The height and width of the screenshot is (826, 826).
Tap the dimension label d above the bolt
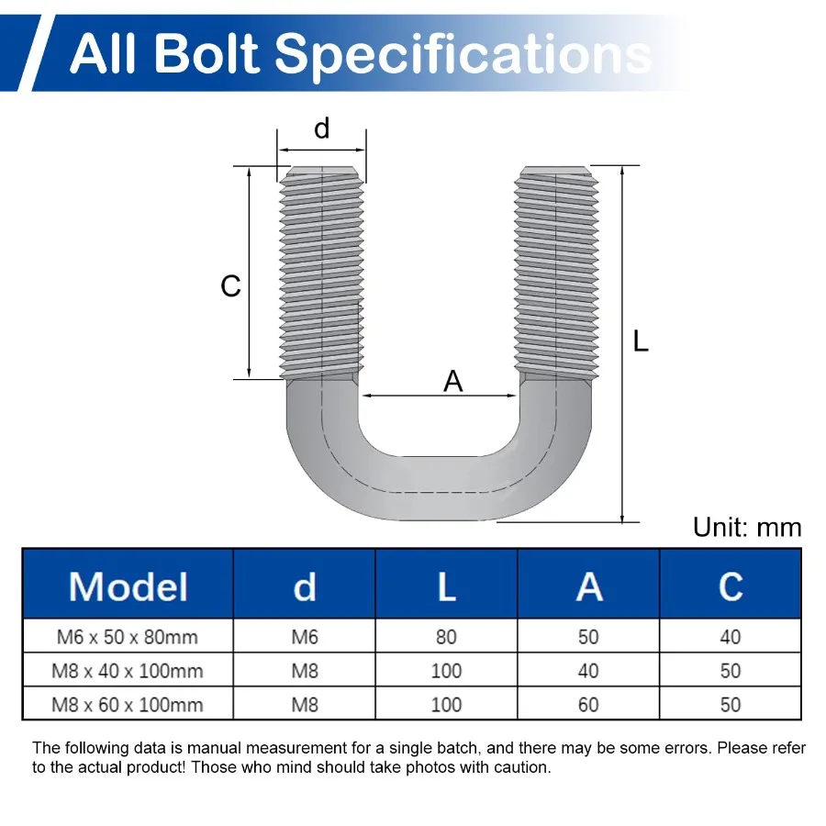(x=321, y=128)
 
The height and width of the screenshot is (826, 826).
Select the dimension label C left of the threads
(x=230, y=286)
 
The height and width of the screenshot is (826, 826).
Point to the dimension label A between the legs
(x=453, y=381)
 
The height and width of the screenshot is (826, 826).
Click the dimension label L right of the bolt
(x=641, y=341)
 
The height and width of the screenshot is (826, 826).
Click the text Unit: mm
(x=747, y=527)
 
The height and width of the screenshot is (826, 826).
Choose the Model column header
(x=128, y=586)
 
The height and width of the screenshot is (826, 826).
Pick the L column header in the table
(x=446, y=586)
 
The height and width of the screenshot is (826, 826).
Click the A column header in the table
(x=588, y=586)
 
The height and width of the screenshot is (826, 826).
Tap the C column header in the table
(x=731, y=586)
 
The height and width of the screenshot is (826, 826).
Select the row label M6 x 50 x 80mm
(x=128, y=637)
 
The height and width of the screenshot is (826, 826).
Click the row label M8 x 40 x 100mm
(x=128, y=671)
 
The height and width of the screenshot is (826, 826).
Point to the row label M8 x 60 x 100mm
(x=128, y=705)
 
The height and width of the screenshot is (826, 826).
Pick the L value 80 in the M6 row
(x=446, y=637)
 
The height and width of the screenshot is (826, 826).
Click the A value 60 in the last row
(x=588, y=705)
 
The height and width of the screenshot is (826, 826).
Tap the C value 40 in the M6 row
(x=731, y=637)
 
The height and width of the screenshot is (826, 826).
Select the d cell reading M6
(x=305, y=637)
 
